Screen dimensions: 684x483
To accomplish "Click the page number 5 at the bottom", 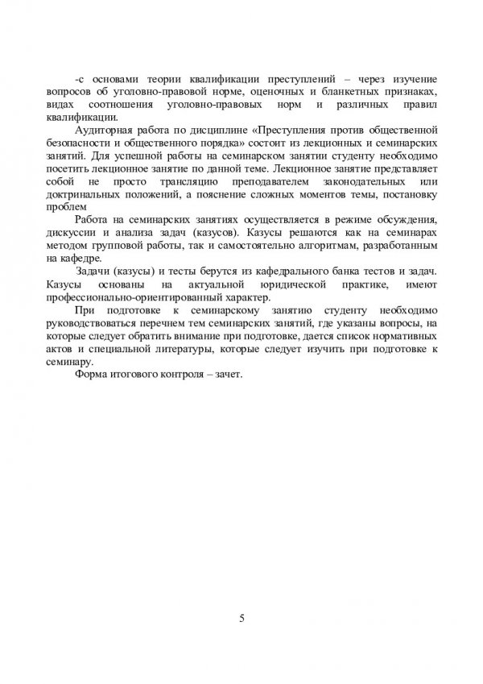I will click(x=242, y=619).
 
